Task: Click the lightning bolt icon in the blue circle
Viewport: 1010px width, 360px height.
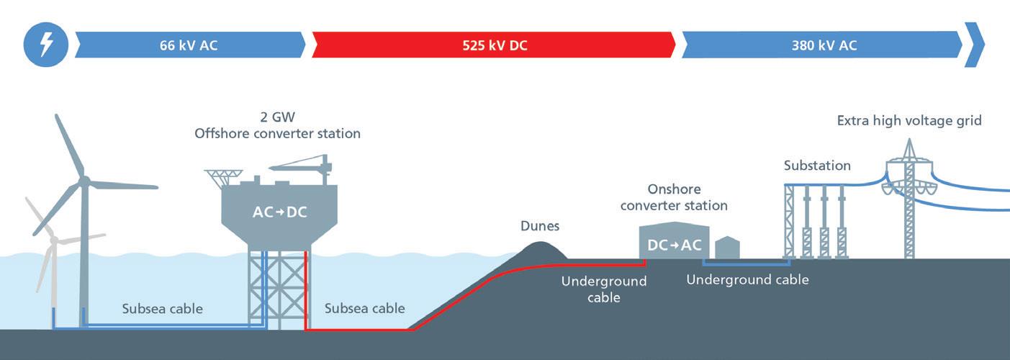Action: tap(45, 45)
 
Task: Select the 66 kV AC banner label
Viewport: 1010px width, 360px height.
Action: tap(189, 45)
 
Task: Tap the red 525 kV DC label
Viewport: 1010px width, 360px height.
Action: tap(495, 45)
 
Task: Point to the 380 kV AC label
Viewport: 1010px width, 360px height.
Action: tap(824, 45)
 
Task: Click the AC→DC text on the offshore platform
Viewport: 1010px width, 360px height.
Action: tap(280, 212)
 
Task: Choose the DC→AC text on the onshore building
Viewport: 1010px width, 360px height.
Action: tap(674, 245)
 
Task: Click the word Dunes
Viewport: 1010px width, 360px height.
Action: tap(540, 227)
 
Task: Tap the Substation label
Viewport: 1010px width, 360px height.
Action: tap(817, 166)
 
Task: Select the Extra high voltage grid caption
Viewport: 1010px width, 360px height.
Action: tap(909, 121)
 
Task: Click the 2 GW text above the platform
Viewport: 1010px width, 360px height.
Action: tap(277, 117)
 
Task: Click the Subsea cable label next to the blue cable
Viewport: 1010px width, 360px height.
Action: tap(162, 309)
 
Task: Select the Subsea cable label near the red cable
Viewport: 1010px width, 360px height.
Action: tap(364, 309)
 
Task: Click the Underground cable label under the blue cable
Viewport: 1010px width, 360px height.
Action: tap(747, 279)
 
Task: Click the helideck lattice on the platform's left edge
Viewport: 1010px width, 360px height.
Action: tap(223, 176)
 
